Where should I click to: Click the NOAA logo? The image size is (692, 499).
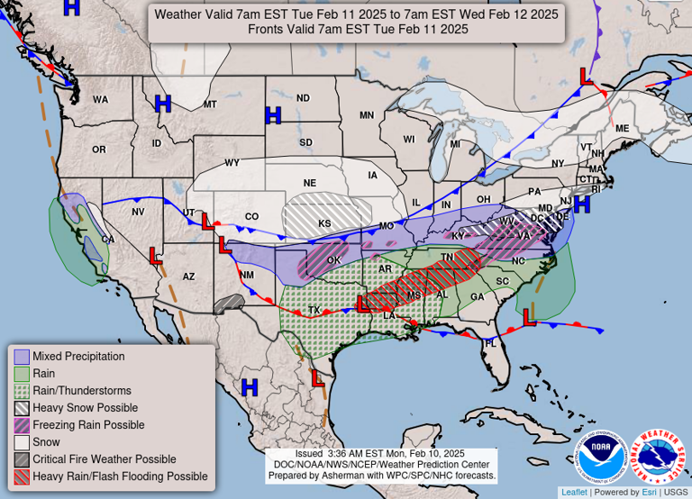pos(599,457)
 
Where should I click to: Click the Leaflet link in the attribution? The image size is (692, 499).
pos(573,492)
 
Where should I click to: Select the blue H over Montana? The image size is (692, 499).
pos(163,104)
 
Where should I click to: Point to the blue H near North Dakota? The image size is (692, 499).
pos(272,115)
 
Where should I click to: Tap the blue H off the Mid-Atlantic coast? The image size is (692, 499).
pos(581,204)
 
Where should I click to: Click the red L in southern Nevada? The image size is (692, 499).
pos(155,258)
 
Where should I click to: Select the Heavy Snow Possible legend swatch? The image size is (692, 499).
pos(23,408)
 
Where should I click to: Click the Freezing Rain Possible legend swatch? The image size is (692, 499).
pos(23,425)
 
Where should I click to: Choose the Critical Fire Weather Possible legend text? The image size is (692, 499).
pos(105,459)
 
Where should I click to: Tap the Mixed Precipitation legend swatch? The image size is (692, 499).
pos(23,357)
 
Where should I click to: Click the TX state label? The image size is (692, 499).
pos(314,310)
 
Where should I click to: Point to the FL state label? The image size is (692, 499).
pos(491,343)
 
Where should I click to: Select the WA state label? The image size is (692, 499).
pos(100,99)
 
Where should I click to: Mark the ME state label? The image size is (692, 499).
pos(622,129)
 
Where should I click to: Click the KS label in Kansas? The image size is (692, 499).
pos(324,222)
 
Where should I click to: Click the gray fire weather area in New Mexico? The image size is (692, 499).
pos(230,304)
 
